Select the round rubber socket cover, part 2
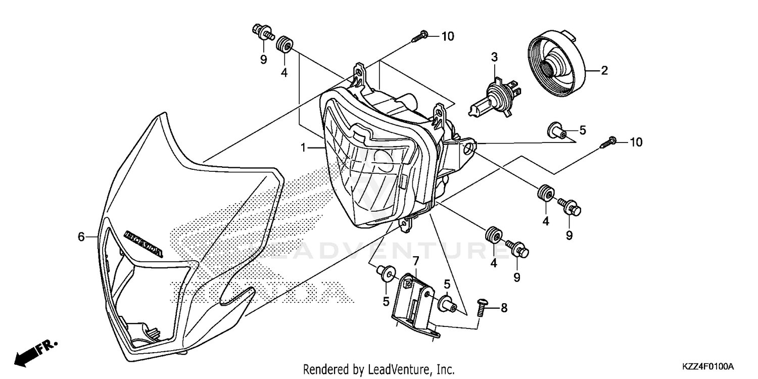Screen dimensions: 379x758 556,66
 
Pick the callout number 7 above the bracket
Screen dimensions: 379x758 415,261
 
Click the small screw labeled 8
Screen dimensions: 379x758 481,306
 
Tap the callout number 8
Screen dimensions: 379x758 503,307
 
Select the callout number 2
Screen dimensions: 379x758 604,71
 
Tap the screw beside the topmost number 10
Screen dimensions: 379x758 420,36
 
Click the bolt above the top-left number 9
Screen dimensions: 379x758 262,34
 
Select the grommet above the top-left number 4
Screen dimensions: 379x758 285,43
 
